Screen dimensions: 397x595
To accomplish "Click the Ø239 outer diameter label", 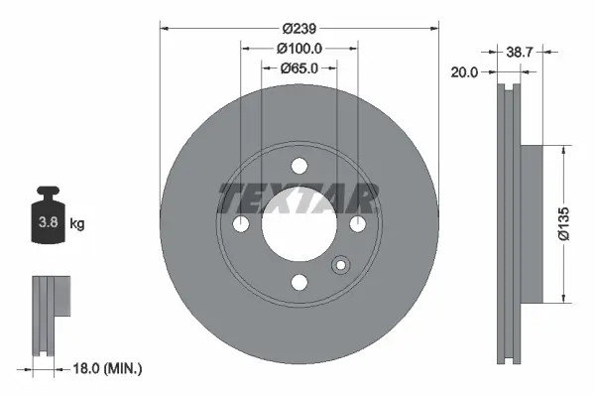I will click(298, 29).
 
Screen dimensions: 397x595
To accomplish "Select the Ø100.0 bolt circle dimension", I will click(298, 49).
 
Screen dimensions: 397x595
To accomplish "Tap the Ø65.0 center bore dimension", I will click(298, 68).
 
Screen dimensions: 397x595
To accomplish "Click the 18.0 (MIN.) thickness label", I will click(108, 368).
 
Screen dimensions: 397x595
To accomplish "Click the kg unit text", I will click(77, 224).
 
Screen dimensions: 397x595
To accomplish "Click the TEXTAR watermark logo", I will click(298, 198).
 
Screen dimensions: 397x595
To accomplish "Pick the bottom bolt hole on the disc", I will click(298, 281).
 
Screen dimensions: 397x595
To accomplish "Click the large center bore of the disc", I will click(298, 225).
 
